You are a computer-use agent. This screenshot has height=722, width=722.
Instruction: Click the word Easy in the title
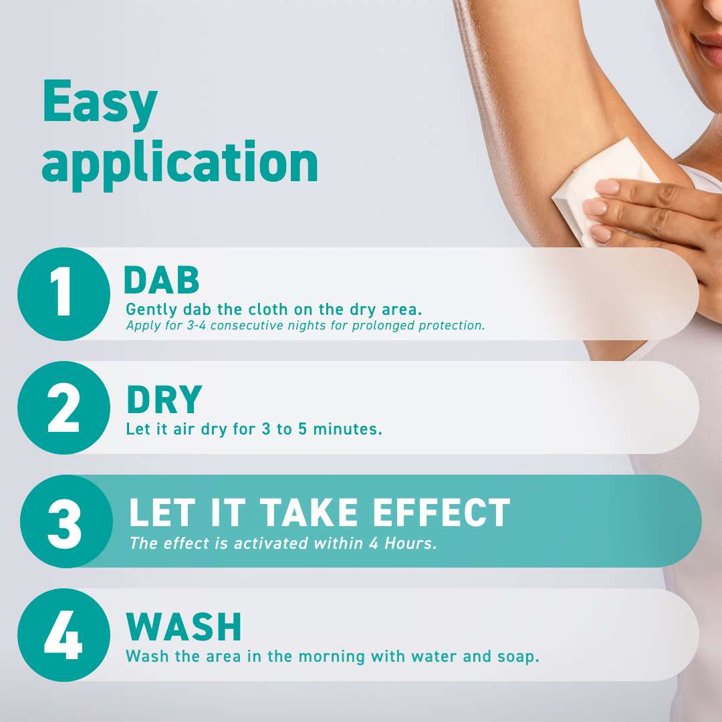tap(100, 103)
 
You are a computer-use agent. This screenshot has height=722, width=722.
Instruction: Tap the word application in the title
tap(180, 162)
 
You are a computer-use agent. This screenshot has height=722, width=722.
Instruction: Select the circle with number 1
tap(64, 294)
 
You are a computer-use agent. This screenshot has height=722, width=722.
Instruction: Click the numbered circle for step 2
tap(64, 408)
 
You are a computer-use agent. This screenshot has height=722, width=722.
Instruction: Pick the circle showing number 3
tap(66, 521)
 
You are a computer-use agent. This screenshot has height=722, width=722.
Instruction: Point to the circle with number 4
tap(64, 635)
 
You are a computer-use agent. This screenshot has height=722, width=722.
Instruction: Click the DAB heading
tap(162, 280)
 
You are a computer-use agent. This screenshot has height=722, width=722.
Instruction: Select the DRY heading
tap(164, 400)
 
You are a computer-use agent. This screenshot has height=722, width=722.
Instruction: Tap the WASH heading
tap(184, 626)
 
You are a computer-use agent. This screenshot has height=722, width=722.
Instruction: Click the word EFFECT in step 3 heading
tap(441, 513)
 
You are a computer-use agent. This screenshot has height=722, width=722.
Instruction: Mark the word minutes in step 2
tap(348, 429)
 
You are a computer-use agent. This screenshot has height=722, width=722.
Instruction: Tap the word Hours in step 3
tap(410, 544)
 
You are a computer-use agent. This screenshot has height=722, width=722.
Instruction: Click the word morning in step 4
tap(332, 657)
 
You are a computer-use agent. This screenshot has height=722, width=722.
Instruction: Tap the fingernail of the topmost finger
tap(608, 187)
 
